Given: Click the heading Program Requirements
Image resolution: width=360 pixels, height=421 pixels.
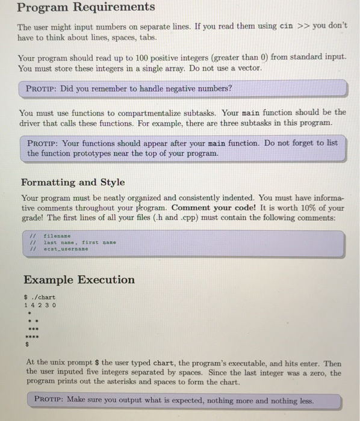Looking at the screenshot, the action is (85, 8).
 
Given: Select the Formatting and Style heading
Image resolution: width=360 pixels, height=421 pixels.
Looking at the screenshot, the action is (73, 182).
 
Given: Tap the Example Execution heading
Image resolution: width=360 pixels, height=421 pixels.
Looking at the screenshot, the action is (79, 280).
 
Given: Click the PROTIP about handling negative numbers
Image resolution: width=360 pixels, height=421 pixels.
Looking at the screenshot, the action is (129, 89).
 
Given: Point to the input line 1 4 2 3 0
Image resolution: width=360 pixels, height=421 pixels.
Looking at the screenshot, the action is (40, 305).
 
